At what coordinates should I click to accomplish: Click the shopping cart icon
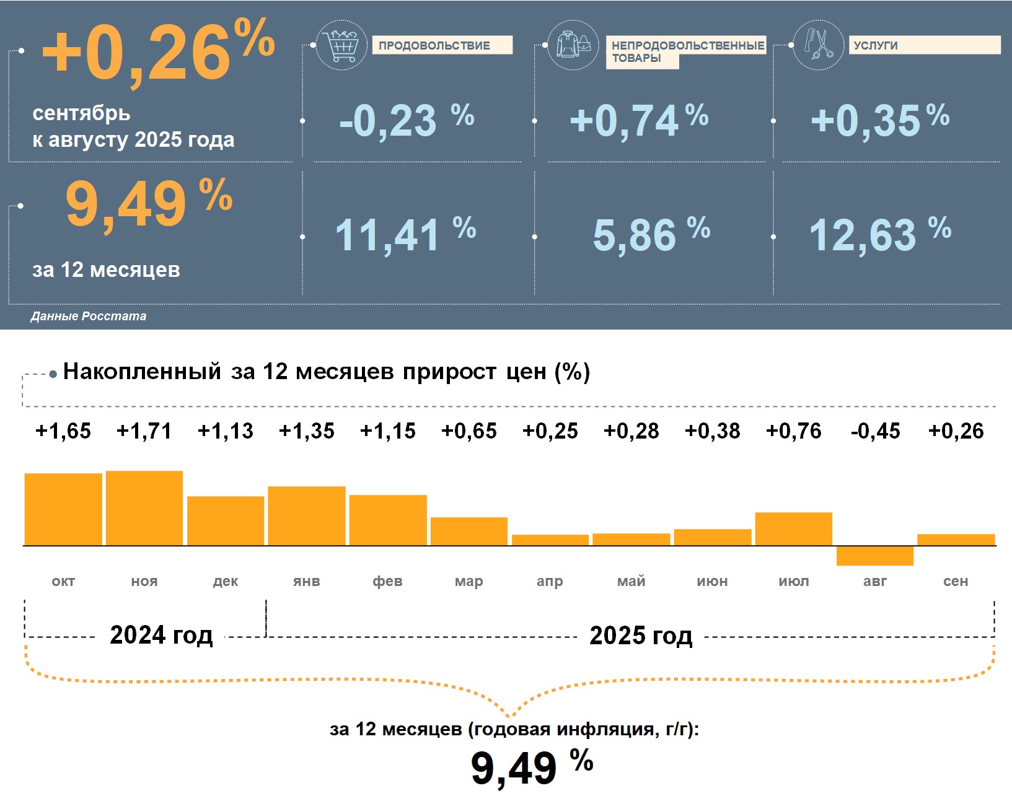[x=341, y=45]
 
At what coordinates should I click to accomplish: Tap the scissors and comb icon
[x=818, y=45]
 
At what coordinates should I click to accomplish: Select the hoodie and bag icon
[x=573, y=45]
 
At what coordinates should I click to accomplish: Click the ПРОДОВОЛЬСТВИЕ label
[x=434, y=46]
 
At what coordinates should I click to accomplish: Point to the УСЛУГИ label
[x=875, y=46]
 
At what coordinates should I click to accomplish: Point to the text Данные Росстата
[x=89, y=316]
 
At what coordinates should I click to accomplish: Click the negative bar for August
[x=874, y=556]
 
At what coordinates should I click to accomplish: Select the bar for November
[x=144, y=508]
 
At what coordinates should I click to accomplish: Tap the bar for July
[x=793, y=529]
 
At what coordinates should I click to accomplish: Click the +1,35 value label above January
[x=307, y=431]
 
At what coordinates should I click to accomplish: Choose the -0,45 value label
[x=875, y=431]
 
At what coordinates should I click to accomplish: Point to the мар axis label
[x=469, y=581]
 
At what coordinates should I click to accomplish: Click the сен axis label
[x=956, y=581]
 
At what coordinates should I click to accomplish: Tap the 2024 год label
[x=161, y=636]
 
